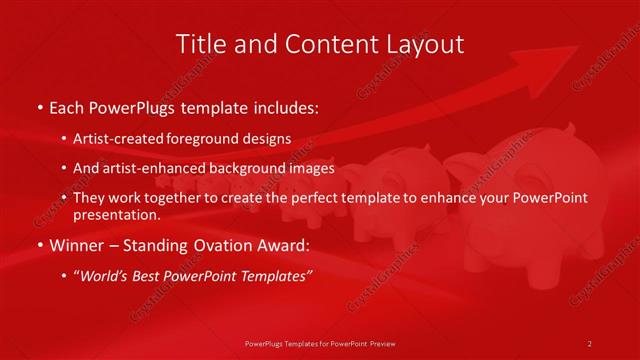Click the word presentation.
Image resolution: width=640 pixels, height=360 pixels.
coord(116,215)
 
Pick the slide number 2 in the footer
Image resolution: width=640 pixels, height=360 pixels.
coord(590,343)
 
